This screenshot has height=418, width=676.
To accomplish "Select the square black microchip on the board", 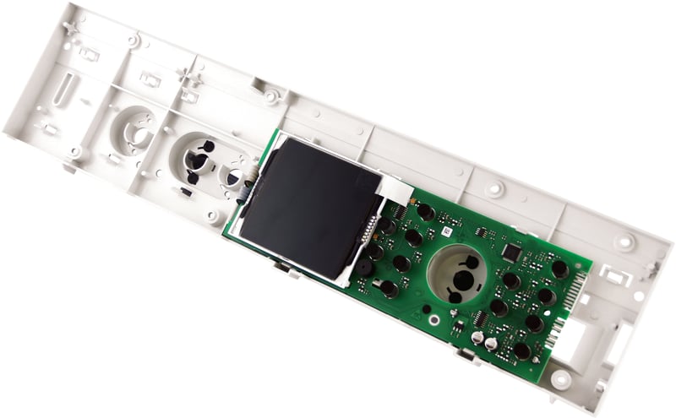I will [510, 252].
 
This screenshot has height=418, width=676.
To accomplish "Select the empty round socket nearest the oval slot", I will [132, 131].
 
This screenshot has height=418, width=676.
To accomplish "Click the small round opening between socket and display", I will [233, 176].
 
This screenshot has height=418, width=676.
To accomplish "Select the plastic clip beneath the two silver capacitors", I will [466, 354].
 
